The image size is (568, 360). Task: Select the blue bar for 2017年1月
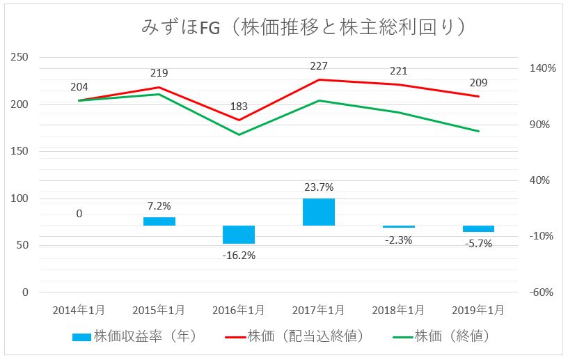(319, 212)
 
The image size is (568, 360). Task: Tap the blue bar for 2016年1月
(239, 235)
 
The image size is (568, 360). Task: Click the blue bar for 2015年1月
(159, 221)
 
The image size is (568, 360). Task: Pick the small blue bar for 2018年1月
(399, 226)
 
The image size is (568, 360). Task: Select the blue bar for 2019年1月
(479, 228)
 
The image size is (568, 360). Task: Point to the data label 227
(319, 66)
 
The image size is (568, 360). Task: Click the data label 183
(239, 107)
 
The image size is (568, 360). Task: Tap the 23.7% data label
(319, 187)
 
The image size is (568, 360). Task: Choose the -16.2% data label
(239, 256)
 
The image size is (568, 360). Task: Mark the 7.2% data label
(159, 205)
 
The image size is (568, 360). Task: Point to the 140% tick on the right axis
(542, 68)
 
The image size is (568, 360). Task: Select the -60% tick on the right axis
(541, 292)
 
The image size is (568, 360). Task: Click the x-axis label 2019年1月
(479, 309)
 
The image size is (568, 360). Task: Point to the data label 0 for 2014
(79, 214)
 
